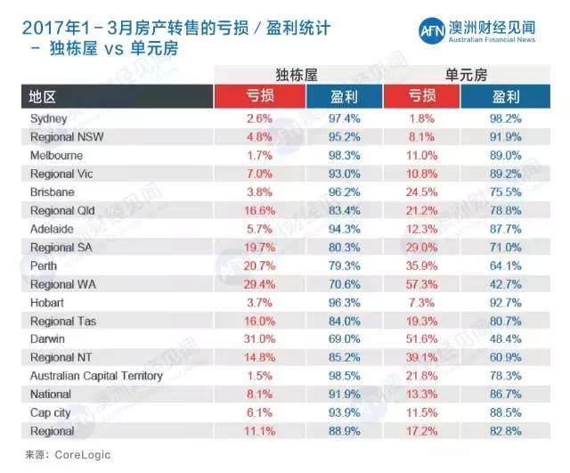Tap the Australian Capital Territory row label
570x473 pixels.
(96, 376)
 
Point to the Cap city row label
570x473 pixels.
(51, 412)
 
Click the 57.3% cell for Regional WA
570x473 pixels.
(422, 285)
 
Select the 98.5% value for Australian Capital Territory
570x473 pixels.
(339, 376)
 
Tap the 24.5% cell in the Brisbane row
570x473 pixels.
(422, 192)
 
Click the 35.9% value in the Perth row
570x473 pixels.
(422, 266)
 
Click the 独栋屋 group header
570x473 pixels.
(297, 74)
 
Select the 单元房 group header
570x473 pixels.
(464, 74)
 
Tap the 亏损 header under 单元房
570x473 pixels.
(422, 96)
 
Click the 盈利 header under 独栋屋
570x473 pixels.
(339, 96)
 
